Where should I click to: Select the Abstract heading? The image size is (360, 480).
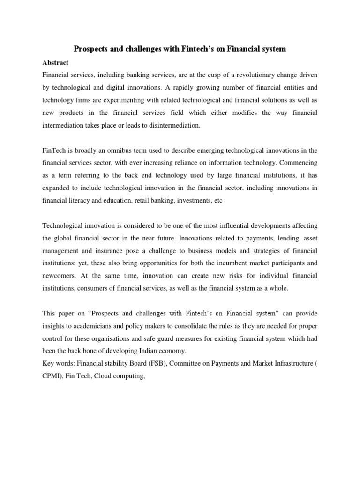coord(55,62)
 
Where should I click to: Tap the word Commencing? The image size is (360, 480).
coord(298,163)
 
